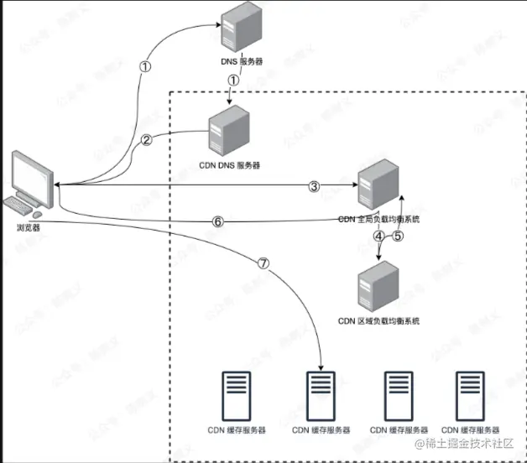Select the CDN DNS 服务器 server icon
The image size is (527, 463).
click(x=227, y=134)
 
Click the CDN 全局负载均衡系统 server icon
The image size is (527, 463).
click(x=376, y=185)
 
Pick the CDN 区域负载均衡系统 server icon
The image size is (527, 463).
click(x=378, y=286)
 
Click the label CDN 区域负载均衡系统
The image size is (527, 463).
click(x=378, y=320)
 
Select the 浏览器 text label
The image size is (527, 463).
click(x=29, y=226)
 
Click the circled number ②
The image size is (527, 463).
click(x=146, y=141)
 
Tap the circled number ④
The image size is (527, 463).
click(x=378, y=237)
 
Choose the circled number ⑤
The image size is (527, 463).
click(x=399, y=237)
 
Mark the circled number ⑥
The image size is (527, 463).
click(x=217, y=222)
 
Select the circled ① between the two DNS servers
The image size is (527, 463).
click(x=233, y=81)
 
